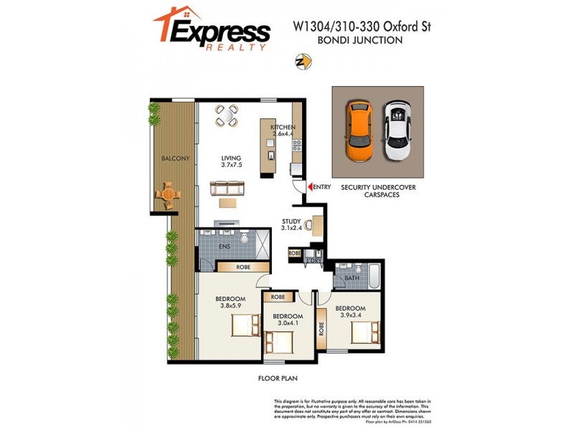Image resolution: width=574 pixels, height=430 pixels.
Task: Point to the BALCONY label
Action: [175, 158]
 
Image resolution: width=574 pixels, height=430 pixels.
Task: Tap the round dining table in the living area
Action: [227, 115]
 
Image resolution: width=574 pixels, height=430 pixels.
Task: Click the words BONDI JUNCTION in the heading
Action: [359, 41]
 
